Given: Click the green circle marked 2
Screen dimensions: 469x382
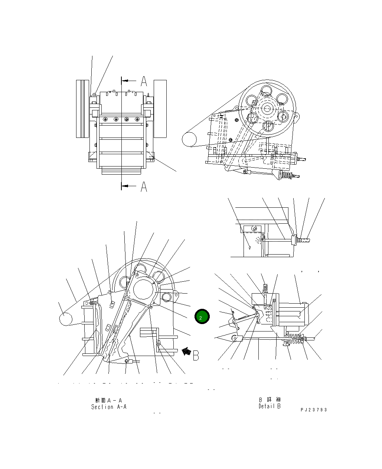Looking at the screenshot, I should (x=202, y=317).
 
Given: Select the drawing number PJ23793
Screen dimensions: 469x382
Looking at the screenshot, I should (x=314, y=410).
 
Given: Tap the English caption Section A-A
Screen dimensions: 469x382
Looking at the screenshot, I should (x=109, y=407).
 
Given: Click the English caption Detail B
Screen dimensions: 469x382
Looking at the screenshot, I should (x=270, y=406).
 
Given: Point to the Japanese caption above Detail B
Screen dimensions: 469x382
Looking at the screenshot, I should (x=270, y=400).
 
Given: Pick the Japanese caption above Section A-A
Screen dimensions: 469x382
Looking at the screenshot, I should (x=109, y=400).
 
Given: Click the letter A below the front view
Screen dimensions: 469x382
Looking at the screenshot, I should (x=144, y=187).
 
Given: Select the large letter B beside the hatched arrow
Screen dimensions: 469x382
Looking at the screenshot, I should (x=196, y=355).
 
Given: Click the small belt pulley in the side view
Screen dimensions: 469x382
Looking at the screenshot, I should (x=189, y=139).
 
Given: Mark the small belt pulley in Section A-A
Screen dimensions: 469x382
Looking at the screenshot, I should (x=66, y=318).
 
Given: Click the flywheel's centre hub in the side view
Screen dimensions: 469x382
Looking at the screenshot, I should (x=267, y=108).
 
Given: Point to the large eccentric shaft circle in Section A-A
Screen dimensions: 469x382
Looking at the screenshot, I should (x=144, y=289).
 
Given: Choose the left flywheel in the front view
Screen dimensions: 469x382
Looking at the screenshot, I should (x=83, y=109).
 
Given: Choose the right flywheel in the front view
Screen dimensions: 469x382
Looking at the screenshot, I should (x=160, y=109).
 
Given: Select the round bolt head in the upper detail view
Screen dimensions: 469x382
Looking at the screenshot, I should (x=254, y=228).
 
